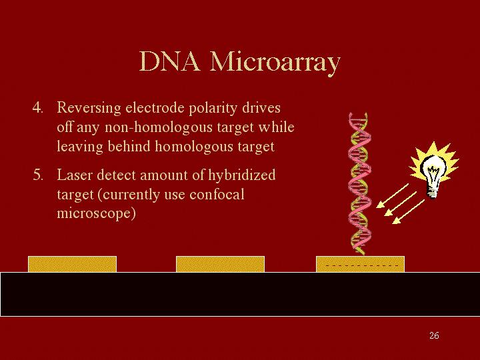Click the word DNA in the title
[169, 61]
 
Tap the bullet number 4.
[37, 108]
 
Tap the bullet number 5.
[38, 175]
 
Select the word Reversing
[89, 109]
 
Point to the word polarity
[213, 109]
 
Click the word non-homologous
[159, 128]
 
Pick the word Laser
[75, 175]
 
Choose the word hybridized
[241, 176]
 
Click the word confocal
[217, 195]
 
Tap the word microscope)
[96, 214]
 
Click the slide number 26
[434, 335]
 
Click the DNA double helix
[359, 184]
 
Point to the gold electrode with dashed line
[360, 264]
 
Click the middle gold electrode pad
[220, 264]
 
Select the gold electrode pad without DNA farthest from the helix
[72, 264]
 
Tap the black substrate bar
[240, 294]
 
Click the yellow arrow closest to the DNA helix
[392, 196]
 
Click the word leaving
[80, 147]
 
